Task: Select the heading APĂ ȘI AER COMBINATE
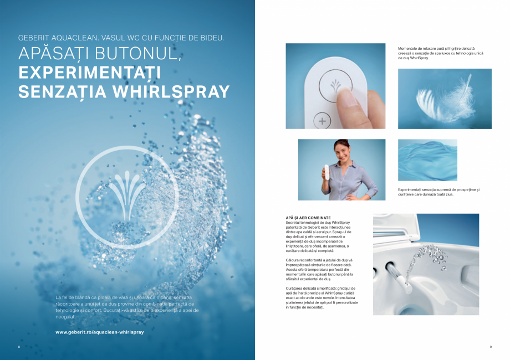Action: pos(304,218)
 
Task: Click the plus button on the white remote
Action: pos(323,120)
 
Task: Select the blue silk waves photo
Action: pos(427,160)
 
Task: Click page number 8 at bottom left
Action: pos(19,347)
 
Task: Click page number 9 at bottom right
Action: pos(491,347)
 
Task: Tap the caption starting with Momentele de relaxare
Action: pos(440,53)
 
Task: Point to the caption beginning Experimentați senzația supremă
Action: pos(438,192)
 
